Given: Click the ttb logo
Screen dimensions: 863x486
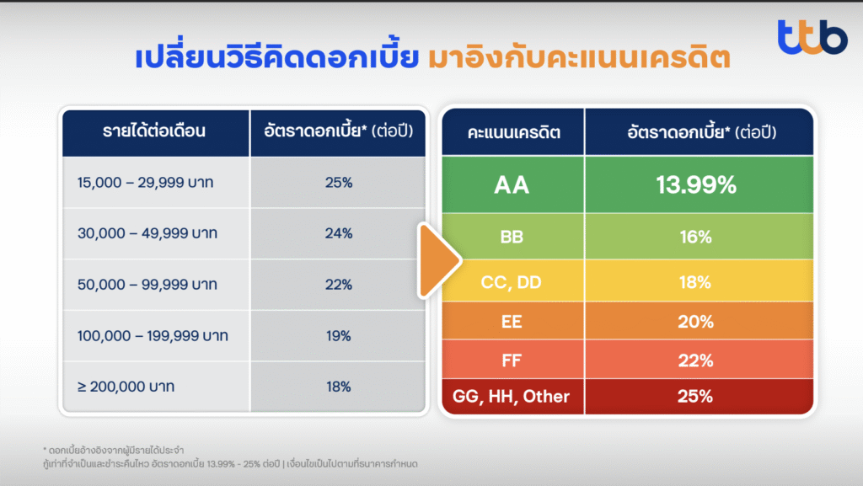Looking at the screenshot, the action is tap(812, 37).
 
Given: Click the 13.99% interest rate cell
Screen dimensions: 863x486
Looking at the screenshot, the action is tap(699, 184).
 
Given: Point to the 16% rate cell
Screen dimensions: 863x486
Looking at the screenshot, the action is tap(699, 237).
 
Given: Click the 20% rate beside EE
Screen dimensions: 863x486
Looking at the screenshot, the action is tap(699, 321).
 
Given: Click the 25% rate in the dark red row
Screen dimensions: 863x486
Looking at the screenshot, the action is tap(699, 397).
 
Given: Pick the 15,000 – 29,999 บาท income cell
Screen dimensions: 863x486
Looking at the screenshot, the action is tap(156, 183).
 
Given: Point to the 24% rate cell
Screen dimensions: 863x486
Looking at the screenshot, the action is tap(338, 233).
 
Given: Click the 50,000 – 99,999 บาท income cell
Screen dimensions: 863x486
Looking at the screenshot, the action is tap(156, 285).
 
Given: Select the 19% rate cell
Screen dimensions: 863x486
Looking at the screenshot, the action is tap(338, 336).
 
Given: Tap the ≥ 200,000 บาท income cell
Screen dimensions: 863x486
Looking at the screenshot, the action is tap(156, 387).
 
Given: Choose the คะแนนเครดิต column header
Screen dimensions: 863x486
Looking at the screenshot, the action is tap(513, 132).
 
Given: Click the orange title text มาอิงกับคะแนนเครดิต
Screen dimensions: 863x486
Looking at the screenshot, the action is tap(579, 57).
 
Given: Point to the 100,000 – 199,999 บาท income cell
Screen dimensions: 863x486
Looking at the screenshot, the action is tap(156, 336).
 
